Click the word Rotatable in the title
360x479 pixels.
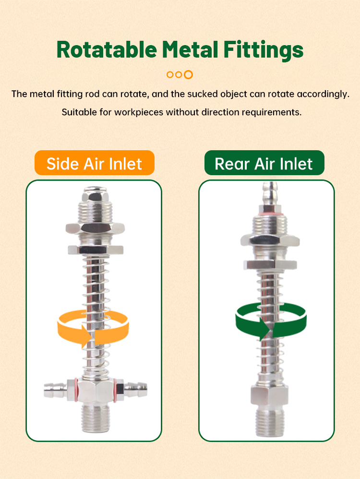coord(107,49)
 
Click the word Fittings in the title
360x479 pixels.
coord(264,50)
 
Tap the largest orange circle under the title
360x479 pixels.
coord(188,74)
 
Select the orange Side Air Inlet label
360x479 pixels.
coord(95,163)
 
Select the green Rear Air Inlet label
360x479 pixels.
coord(264,163)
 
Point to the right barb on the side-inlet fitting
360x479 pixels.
coord(136,390)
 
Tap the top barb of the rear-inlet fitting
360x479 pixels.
coord(270,193)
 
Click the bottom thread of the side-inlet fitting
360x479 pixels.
coord(96,418)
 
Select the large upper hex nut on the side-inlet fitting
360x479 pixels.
coord(96,228)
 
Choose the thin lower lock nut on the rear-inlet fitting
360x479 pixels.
coord(270,264)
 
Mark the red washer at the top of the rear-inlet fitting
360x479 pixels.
coord(270,214)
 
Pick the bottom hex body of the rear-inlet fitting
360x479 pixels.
coord(270,396)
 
